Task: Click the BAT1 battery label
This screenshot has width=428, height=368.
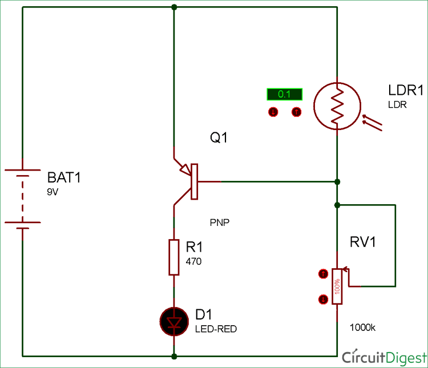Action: tap(64, 177)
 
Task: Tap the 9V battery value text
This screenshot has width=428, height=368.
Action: tap(53, 193)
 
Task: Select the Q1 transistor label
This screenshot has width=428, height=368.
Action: tap(219, 138)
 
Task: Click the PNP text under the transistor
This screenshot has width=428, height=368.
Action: tap(220, 223)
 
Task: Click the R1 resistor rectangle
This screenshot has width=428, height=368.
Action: tap(174, 257)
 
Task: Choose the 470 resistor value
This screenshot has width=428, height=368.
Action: tap(194, 262)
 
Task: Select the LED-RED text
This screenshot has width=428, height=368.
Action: tap(216, 329)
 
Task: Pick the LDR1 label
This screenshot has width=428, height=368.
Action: tap(406, 91)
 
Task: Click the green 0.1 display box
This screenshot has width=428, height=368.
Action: tap(284, 94)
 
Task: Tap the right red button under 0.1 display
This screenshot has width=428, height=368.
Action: tap(296, 112)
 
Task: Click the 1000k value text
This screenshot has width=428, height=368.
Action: tap(363, 327)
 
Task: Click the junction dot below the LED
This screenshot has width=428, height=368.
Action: tap(174, 357)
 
